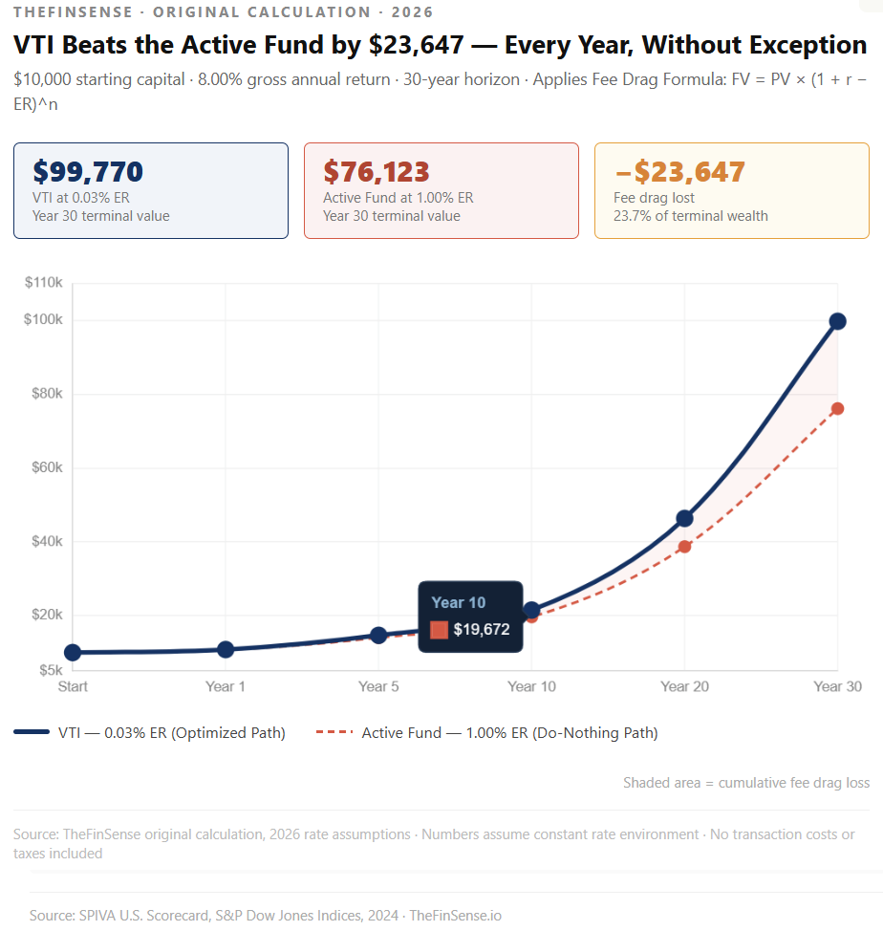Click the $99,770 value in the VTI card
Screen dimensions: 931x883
(88, 172)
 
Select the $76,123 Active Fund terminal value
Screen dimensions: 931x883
(377, 172)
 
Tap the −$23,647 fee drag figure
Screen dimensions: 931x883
(678, 172)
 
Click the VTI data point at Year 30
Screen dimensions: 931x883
(837, 321)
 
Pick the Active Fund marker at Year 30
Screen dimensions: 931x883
(837, 409)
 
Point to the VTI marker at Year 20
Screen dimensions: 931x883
(684, 518)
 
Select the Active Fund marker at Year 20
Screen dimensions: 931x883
(684, 547)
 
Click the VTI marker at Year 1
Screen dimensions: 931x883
(226, 650)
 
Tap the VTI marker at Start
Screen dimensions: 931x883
(73, 653)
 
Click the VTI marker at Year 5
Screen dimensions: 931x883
(378, 636)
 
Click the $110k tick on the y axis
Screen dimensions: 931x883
(43, 283)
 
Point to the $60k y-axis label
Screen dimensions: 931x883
(45, 467)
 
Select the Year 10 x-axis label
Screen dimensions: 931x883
(531, 686)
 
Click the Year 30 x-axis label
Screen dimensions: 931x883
(837, 686)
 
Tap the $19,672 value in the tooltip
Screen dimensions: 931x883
(481, 630)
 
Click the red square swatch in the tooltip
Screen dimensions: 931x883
(439, 630)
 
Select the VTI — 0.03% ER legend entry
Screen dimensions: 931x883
(150, 733)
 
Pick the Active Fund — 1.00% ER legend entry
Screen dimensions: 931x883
(487, 733)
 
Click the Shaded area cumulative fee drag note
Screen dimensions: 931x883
(746, 783)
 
